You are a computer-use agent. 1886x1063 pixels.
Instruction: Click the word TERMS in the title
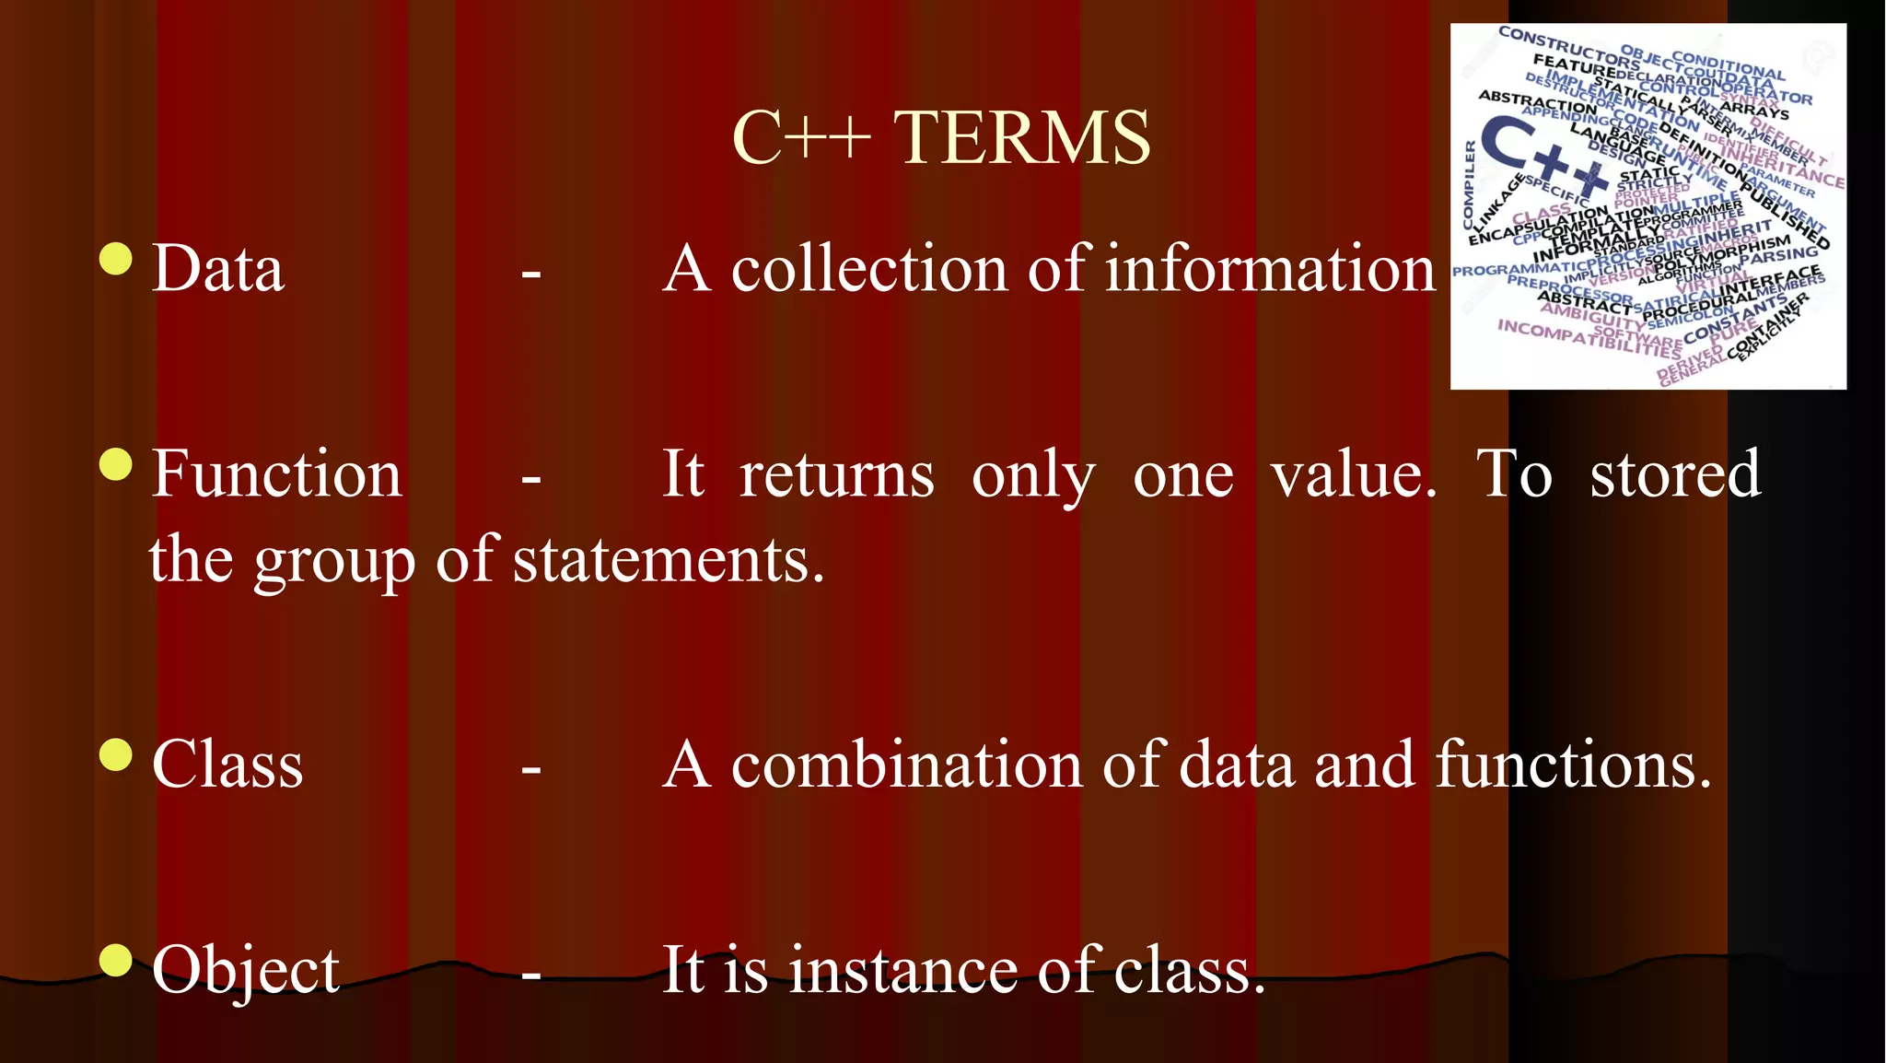[1022, 138]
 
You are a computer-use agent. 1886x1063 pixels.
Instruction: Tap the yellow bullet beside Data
[116, 259]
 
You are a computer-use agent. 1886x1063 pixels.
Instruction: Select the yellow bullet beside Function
[116, 464]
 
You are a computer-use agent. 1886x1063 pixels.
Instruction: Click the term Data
[218, 269]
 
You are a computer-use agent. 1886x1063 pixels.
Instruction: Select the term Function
[276, 474]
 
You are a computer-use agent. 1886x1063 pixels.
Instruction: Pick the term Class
[227, 765]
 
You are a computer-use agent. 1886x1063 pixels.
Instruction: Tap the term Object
[246, 970]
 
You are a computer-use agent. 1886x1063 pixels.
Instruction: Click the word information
[1271, 269]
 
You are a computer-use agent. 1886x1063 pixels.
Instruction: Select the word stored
[1675, 474]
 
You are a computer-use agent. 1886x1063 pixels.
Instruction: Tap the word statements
[668, 560]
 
